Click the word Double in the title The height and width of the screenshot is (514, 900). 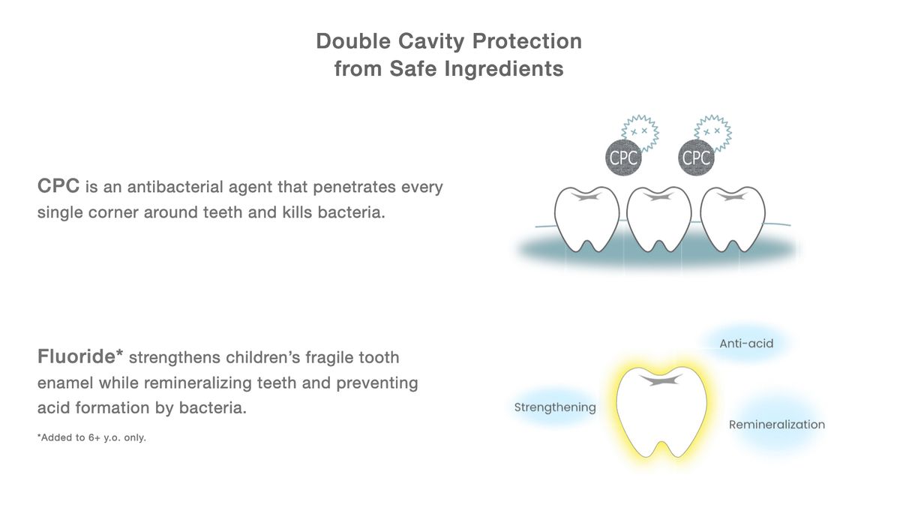[x=353, y=41]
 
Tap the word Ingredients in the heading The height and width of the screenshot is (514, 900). [x=504, y=69]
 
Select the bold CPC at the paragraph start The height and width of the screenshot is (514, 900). [x=58, y=186]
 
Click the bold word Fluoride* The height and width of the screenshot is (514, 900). [x=80, y=356]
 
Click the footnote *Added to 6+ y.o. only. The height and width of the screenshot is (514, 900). [x=91, y=437]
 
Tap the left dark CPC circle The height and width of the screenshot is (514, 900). [x=623, y=158]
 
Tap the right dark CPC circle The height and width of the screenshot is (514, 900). [x=696, y=158]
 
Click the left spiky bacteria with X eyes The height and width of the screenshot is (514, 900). [x=640, y=132]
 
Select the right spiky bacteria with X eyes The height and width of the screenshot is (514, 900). [x=713, y=132]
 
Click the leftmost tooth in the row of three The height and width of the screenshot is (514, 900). [x=586, y=219]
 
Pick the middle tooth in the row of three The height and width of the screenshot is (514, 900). [x=659, y=219]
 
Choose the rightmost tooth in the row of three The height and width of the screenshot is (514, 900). [x=733, y=219]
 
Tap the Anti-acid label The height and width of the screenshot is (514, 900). [x=746, y=344]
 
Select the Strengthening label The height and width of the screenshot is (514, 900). [x=555, y=407]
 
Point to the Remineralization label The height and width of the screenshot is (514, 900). [x=777, y=425]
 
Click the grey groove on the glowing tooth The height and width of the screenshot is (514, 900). [x=661, y=380]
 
